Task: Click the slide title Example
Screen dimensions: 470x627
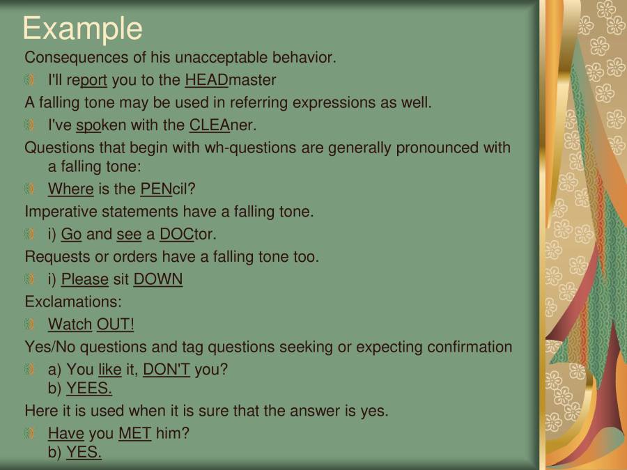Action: coord(82,29)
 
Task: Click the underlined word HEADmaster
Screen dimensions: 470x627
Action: coord(230,80)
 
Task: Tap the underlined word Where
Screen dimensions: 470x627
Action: coord(70,189)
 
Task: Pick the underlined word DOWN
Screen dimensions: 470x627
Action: coord(158,280)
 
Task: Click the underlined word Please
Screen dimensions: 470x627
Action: coord(84,280)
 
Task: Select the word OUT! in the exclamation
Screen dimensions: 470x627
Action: coord(115,324)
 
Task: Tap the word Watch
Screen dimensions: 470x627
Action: coord(70,324)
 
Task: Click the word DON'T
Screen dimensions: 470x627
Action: coord(167,370)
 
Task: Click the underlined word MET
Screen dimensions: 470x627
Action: coord(134,434)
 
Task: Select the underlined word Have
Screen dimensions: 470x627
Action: coord(65,434)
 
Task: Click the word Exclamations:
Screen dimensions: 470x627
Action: coord(73,302)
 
